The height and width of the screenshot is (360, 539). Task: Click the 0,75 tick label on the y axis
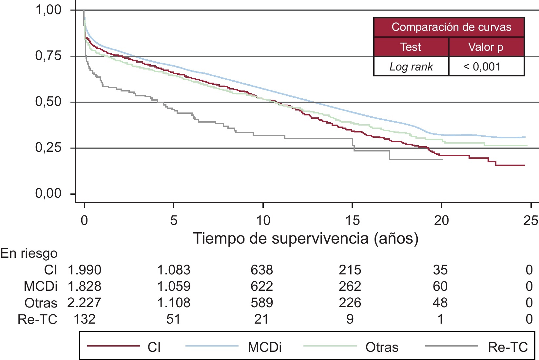pyautogui.click(x=48, y=56)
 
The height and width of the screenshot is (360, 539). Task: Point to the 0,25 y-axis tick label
pyautogui.click(x=48, y=148)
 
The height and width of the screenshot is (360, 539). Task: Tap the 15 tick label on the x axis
pyautogui.click(x=352, y=220)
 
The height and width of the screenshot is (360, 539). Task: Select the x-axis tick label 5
pyautogui.click(x=174, y=220)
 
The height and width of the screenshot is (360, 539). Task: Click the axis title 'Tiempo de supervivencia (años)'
pyautogui.click(x=305, y=238)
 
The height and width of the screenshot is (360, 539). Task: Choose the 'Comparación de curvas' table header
pyautogui.click(x=451, y=27)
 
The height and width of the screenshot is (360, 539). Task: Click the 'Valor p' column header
pyautogui.click(x=486, y=47)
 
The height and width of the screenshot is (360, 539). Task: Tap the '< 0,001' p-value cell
pyautogui.click(x=482, y=67)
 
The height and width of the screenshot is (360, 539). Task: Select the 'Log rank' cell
pyautogui.click(x=411, y=67)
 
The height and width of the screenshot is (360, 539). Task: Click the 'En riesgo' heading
pyautogui.click(x=29, y=253)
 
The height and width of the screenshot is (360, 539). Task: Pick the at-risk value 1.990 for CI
pyautogui.click(x=84, y=270)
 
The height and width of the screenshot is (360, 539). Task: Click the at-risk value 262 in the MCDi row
pyautogui.click(x=350, y=287)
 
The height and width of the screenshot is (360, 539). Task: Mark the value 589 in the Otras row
pyautogui.click(x=262, y=303)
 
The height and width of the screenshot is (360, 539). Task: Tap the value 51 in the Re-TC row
pyautogui.click(x=173, y=319)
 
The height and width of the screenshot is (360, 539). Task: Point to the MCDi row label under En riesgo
pyautogui.click(x=41, y=287)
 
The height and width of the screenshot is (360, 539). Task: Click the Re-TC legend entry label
pyautogui.click(x=508, y=347)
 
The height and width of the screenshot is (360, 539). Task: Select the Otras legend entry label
pyautogui.click(x=382, y=347)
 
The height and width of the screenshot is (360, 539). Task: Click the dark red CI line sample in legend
pyautogui.click(x=113, y=346)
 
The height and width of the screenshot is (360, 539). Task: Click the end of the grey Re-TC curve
pyautogui.click(x=442, y=160)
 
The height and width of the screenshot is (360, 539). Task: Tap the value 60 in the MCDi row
pyautogui.click(x=440, y=287)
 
